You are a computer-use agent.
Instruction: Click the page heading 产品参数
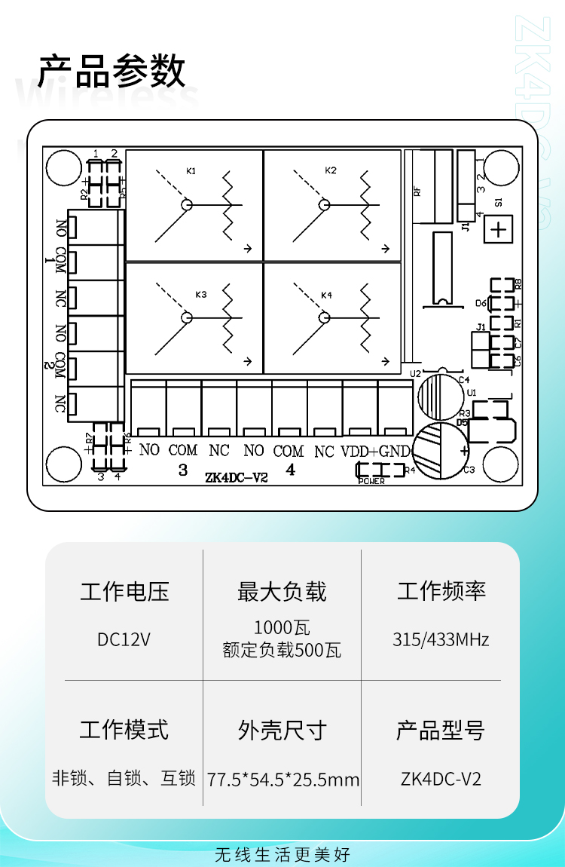pos(111,72)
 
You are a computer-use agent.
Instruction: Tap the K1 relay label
pos(191,171)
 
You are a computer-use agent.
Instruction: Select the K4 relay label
pos(327,295)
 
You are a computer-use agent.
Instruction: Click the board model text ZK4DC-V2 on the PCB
pos(236,477)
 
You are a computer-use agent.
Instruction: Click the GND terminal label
pos(395,451)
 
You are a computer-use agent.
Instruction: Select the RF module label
pos(417,191)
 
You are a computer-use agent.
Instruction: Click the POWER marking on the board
pos(371,481)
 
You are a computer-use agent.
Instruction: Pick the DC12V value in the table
pos(124,639)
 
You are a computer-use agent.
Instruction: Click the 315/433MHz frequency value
pos(441,640)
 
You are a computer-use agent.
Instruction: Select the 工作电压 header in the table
pos(124,592)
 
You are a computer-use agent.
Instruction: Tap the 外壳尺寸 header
pos(282,730)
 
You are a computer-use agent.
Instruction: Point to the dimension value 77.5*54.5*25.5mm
pos(283,780)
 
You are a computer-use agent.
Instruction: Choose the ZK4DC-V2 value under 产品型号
pos(441,779)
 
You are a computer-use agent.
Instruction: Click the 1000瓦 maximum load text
pos(282,627)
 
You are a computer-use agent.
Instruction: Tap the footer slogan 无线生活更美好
pos(282,854)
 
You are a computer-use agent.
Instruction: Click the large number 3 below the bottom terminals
pos(183,470)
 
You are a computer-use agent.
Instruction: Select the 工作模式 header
pos(124,730)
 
